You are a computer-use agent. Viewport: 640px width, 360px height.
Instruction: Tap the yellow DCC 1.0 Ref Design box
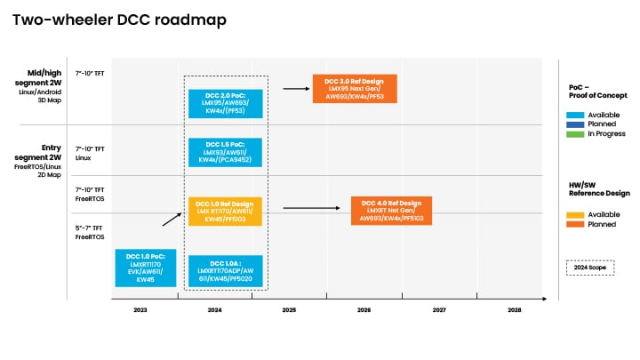(x=225, y=212)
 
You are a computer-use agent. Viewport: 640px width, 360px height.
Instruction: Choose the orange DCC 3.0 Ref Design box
(x=354, y=89)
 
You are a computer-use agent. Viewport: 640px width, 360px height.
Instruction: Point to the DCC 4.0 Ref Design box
(x=392, y=210)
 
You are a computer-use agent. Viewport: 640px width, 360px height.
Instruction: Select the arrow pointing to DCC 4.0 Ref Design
(x=312, y=208)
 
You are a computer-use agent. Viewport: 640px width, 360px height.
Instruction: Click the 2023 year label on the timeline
(x=140, y=309)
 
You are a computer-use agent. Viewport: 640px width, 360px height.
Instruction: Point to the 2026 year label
(x=364, y=309)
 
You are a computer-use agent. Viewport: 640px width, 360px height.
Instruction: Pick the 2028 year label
(x=514, y=309)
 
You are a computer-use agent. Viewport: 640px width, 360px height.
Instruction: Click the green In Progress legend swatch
(x=575, y=134)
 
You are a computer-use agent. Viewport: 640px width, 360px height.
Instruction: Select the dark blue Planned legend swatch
(x=575, y=124)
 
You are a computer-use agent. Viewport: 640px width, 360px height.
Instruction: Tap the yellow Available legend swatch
(x=575, y=215)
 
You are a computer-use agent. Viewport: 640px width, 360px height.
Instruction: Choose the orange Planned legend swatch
(x=575, y=225)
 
